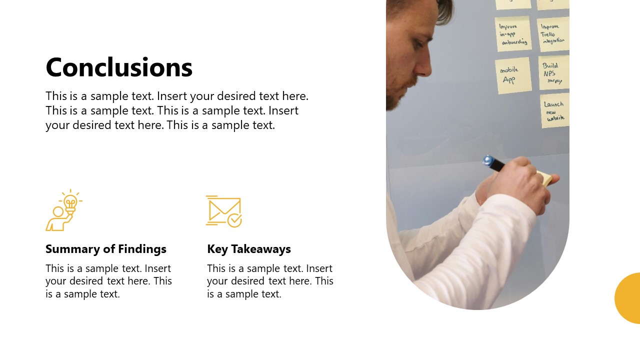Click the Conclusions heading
pos(119,67)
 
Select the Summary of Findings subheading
pos(106,249)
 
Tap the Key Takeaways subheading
pos(249,249)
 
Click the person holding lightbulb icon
pos(63,210)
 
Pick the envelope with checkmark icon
pos(223,211)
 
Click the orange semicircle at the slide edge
pos(628,298)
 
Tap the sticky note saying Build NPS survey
pos(553,73)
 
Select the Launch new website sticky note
pos(554,111)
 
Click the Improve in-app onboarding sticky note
pos(513,34)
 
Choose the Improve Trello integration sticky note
pos(553,34)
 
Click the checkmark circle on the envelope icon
pos(234,219)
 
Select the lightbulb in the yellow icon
pos(70,202)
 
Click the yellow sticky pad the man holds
pos(544,178)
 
